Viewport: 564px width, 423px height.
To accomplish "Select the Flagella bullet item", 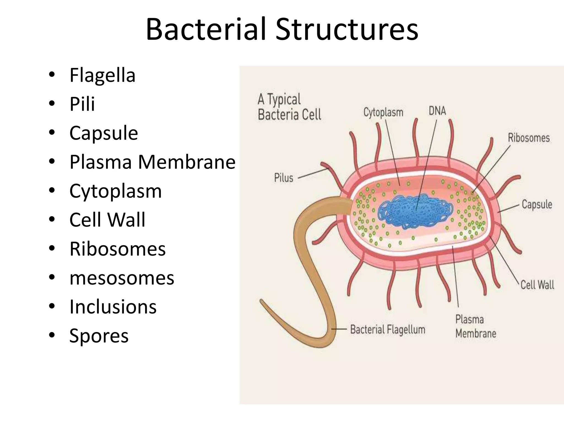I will click(102, 75).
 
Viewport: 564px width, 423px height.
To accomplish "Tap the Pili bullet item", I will click(82, 104).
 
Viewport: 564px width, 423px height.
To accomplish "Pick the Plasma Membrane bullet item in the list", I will click(152, 162).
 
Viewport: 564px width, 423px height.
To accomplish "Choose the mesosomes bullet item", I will click(122, 278).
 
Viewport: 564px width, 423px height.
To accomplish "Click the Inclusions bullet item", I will click(113, 307).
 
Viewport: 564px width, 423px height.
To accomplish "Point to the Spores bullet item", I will click(99, 336).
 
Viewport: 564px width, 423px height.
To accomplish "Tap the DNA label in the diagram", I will click(437, 111).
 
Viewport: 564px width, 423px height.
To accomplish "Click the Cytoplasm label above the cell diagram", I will click(383, 113).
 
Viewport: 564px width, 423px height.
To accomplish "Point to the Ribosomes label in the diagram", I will click(528, 138).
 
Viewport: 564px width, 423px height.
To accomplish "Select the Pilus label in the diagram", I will click(284, 178).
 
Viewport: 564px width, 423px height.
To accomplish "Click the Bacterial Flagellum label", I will click(387, 329).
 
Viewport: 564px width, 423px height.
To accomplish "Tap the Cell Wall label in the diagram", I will click(537, 285).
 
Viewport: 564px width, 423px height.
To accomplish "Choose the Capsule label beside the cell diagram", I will click(537, 205).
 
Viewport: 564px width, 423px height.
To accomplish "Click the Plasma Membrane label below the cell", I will click(476, 326).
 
